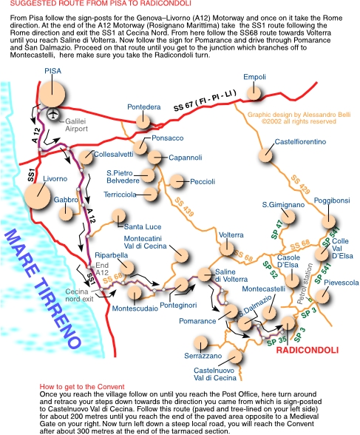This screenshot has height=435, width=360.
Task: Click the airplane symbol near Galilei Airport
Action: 53,114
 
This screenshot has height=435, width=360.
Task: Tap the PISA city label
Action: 53,71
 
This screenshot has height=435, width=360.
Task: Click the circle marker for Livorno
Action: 37,196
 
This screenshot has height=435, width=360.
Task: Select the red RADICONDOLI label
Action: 308,350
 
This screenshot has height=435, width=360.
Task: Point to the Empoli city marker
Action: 254,92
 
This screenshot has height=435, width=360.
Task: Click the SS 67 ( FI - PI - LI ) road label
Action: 205,100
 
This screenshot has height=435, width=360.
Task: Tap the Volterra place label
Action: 231,235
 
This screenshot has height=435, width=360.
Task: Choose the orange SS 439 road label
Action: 184,207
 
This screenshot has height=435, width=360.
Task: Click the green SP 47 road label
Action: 277,229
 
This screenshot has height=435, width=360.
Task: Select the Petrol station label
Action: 304,283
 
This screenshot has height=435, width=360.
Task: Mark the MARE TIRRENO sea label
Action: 43,289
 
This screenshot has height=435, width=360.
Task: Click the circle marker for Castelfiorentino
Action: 265,155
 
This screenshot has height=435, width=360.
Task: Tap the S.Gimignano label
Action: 283,205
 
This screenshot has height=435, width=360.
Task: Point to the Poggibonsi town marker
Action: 329,222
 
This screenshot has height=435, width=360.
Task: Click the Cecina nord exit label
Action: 80,295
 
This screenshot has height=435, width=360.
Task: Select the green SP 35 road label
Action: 277,340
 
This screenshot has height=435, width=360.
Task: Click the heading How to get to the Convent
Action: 82,387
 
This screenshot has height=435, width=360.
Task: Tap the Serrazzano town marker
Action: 200,343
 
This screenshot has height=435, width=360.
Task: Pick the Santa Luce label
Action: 143,227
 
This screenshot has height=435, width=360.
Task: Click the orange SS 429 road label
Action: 300,184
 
